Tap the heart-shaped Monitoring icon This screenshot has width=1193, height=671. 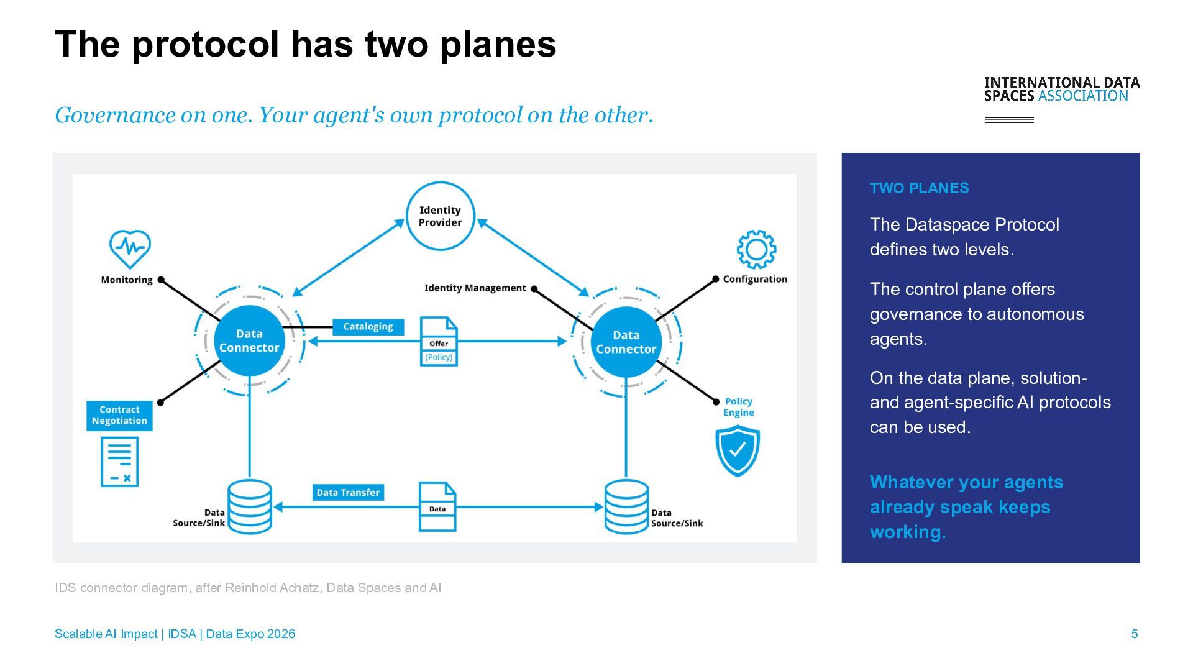[x=130, y=249]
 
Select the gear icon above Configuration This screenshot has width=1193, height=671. [x=756, y=249]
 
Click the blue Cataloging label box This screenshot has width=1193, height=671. [x=368, y=327]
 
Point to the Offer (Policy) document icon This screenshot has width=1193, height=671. [x=439, y=342]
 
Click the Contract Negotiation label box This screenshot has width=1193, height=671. [x=119, y=416]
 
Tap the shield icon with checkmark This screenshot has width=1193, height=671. [x=738, y=450]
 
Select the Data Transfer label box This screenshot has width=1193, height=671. [x=348, y=493]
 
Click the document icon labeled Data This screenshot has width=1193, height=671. [x=437, y=507]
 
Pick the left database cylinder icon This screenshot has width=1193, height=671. [x=250, y=507]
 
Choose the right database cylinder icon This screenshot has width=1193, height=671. [x=626, y=507]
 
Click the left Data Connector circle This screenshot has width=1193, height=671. [x=249, y=340]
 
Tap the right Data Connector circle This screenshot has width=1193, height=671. [x=626, y=342]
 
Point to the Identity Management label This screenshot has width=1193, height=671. [x=475, y=288]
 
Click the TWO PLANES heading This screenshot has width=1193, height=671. [x=920, y=188]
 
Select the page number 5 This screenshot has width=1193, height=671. [x=1135, y=634]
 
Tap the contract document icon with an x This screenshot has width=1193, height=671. [x=119, y=462]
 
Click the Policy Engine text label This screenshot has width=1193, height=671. [x=739, y=407]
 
